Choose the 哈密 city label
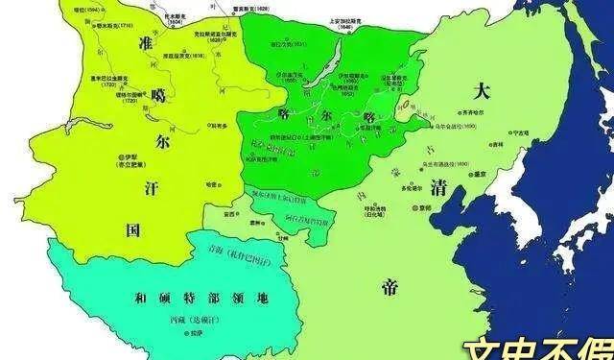[212, 182]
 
